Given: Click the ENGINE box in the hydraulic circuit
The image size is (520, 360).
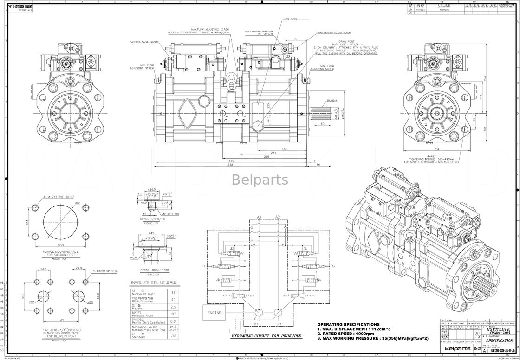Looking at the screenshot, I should pos(214,313).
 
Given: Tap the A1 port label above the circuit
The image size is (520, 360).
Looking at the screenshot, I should pos(259,217).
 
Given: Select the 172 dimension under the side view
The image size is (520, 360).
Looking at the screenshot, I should pos(284,149).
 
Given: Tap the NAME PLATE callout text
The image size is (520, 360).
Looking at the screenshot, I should pos(290,19).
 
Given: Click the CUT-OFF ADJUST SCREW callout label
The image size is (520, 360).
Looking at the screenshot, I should pos(144,42).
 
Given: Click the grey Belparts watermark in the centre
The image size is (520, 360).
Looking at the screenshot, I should pos(260,180).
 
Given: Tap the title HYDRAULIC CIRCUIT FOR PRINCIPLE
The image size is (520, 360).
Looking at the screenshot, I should pos(264,335).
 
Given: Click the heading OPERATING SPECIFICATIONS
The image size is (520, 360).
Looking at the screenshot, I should pos(348,324).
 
